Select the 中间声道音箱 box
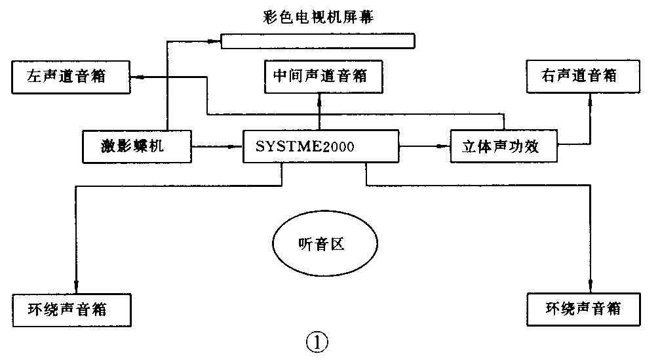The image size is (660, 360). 320,76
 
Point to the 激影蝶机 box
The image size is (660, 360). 136,147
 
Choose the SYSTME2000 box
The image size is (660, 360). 320,146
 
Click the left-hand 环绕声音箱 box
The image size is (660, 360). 72,308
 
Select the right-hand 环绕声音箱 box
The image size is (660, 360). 583,308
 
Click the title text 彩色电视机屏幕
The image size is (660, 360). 317,16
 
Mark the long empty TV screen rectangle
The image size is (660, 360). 317,42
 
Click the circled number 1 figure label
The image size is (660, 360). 317,342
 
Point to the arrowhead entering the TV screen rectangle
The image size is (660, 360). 214,42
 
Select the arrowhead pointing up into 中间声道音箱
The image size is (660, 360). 320,97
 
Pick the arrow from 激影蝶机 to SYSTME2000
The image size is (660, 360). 216,147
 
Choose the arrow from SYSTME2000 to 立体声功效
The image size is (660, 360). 425,147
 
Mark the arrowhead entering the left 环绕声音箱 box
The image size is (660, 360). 76,287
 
